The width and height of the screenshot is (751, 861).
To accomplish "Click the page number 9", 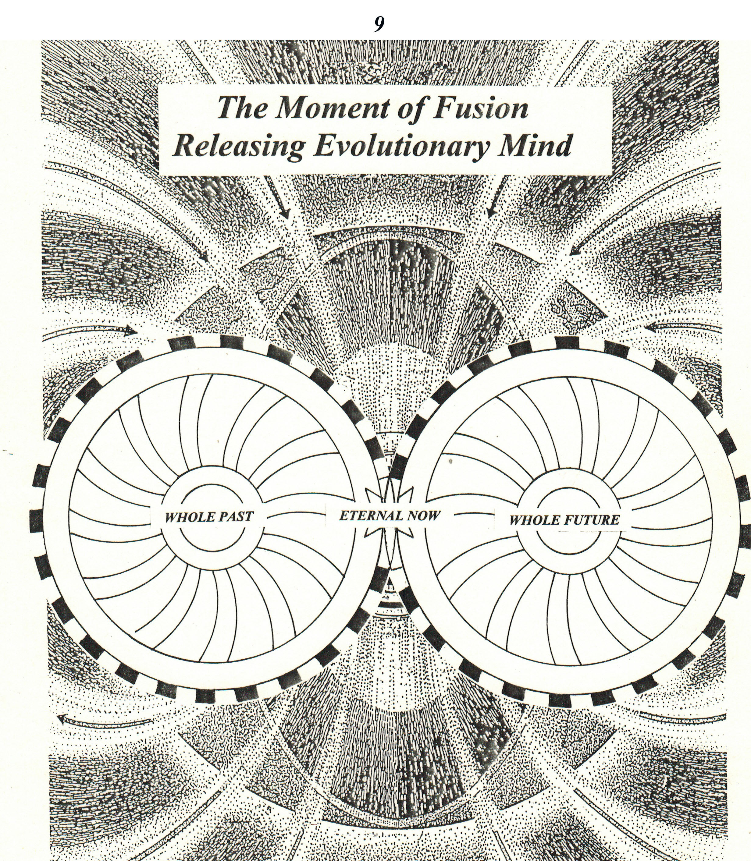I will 379,24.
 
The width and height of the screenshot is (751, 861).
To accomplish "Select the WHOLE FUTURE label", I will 564,520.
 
